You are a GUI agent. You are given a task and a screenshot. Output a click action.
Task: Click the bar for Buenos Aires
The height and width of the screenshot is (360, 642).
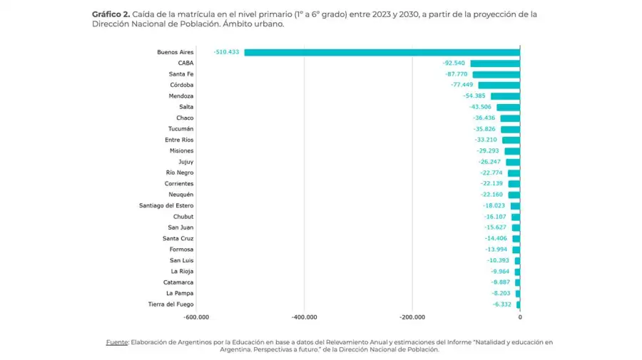[382, 52]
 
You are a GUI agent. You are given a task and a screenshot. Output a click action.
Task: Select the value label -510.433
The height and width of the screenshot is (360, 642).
[227, 52]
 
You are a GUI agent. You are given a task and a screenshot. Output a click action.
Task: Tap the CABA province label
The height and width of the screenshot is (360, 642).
[185, 63]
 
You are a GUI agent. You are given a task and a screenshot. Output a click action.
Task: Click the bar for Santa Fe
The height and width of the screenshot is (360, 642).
[496, 74]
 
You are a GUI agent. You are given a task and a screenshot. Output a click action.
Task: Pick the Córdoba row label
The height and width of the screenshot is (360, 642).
[182, 85]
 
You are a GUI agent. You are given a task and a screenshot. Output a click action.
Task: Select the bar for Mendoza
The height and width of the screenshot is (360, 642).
[505, 96]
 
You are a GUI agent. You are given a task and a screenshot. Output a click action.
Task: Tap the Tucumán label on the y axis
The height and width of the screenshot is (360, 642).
[180, 129]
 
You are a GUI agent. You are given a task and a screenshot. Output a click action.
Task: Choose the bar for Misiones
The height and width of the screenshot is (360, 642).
[512, 151]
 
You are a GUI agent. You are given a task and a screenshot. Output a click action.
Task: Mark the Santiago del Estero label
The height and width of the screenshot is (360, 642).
[166, 205]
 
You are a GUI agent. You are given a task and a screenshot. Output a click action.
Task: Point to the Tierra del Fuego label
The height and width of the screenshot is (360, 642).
[170, 304]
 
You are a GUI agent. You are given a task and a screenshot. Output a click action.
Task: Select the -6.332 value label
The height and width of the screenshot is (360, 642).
[501, 304]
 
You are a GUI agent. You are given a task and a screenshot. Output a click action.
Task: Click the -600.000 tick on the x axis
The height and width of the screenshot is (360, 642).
[196, 318]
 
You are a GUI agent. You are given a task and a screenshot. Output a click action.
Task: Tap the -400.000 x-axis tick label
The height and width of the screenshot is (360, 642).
[304, 318]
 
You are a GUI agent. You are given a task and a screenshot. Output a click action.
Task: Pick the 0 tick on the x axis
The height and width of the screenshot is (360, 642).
[519, 318]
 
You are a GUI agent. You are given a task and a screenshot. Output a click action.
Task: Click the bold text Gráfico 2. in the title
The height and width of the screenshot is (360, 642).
[111, 14]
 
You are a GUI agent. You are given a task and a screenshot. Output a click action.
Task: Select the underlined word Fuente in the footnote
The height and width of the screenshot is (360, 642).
[116, 342]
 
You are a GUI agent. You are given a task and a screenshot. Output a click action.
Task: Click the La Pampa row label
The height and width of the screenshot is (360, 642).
[179, 293]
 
